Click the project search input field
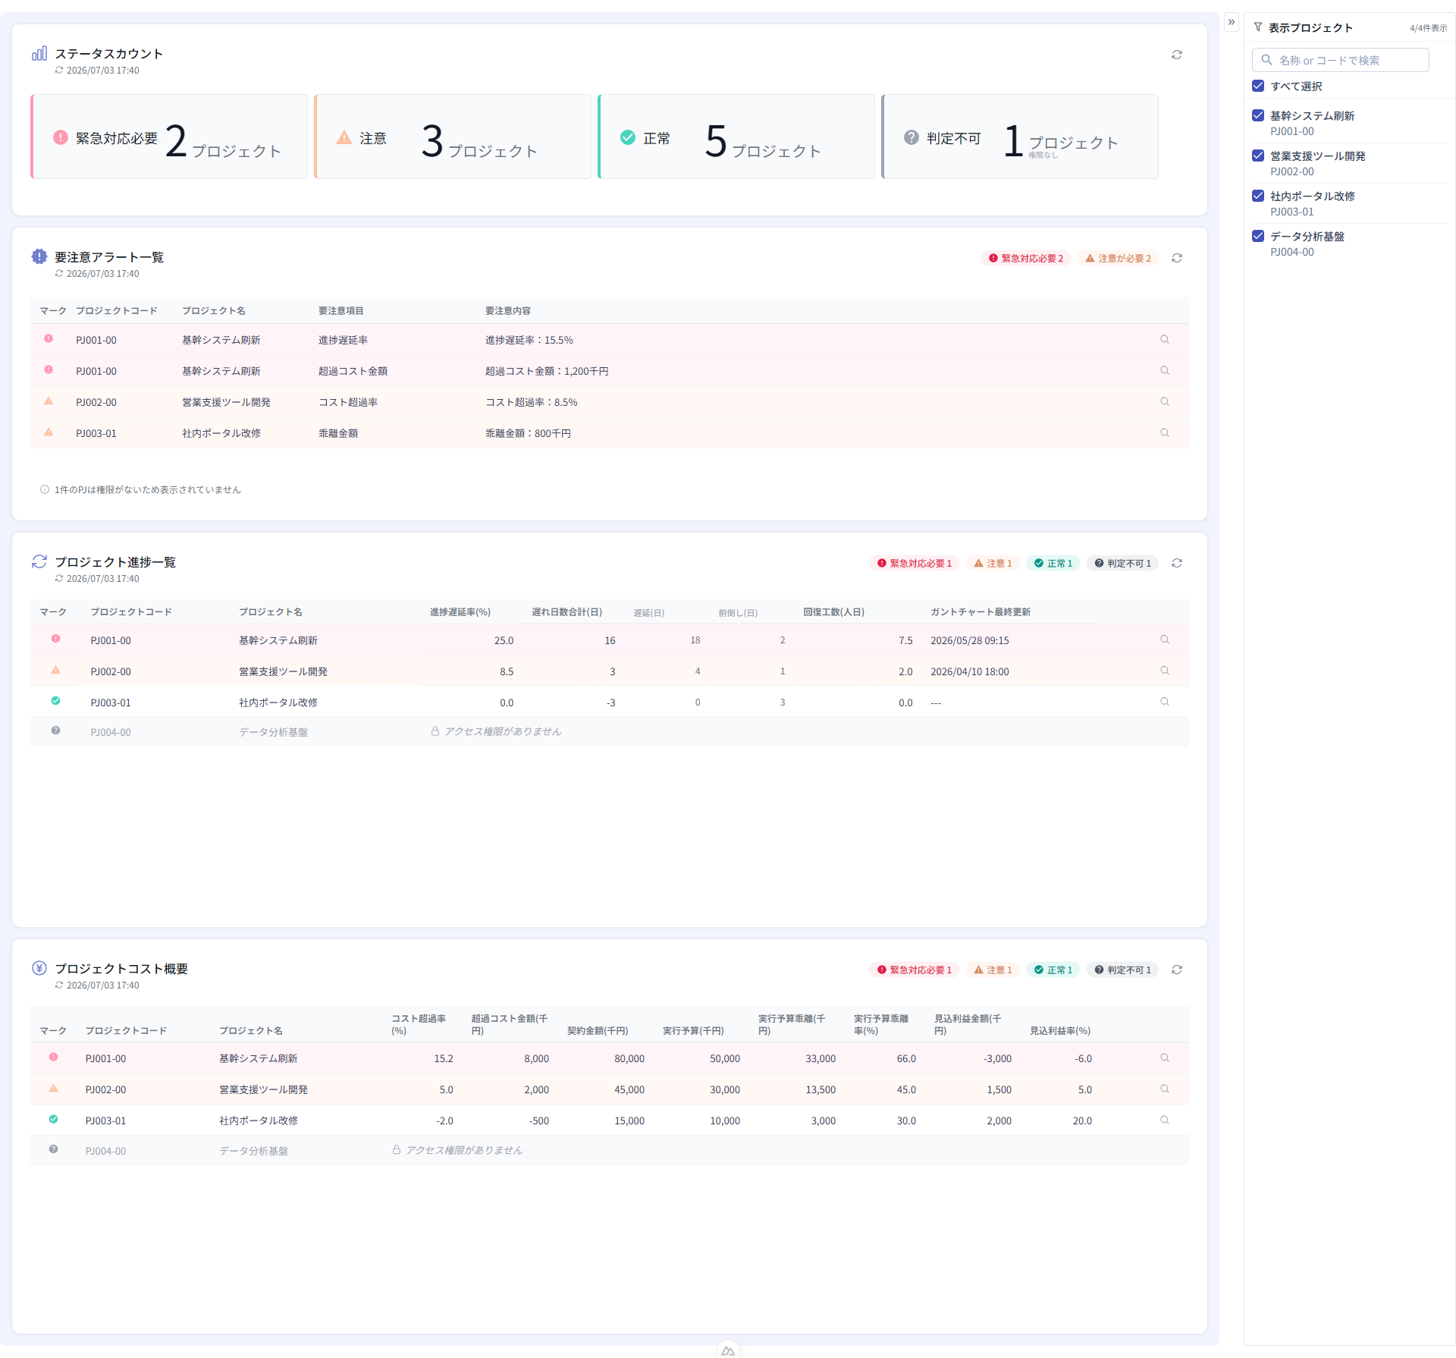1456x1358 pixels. point(1340,60)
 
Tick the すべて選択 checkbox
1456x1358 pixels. point(1258,86)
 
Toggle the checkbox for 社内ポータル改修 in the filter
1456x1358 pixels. point(1258,196)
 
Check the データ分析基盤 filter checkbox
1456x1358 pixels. point(1258,236)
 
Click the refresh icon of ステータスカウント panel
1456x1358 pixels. point(1177,55)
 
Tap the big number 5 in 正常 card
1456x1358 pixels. point(716,140)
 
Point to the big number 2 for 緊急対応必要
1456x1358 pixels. point(176,140)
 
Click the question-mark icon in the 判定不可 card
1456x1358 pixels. point(912,137)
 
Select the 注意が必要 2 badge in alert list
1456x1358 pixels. point(1118,258)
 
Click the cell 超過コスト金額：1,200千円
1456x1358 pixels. point(547,371)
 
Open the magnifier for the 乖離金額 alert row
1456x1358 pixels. point(1165,432)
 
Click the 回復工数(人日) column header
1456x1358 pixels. point(834,611)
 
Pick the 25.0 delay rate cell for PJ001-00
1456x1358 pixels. point(504,640)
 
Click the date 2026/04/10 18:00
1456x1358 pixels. point(970,671)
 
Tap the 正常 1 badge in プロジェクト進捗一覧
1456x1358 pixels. point(1053,563)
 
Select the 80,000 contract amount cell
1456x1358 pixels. point(629,1058)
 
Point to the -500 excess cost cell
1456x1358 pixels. point(539,1121)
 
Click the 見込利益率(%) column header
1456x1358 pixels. point(1060,1030)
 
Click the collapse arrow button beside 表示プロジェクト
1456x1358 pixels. point(1232,22)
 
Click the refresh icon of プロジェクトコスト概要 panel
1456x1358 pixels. point(1177,970)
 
